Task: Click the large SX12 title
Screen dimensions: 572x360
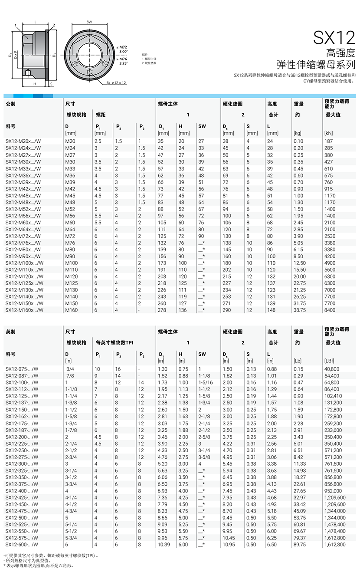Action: click(x=334, y=38)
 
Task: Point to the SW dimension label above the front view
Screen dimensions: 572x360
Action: click(x=89, y=22)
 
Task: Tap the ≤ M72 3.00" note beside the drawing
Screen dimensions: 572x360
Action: click(x=123, y=49)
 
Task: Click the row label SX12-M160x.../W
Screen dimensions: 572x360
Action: click(x=24, y=310)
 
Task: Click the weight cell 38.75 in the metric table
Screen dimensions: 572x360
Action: click(x=299, y=310)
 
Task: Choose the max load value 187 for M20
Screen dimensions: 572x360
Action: click(x=328, y=141)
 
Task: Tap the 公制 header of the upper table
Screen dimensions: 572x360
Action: click(x=10, y=104)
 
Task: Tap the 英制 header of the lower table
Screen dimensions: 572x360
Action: click(x=10, y=332)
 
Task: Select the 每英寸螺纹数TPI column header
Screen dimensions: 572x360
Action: click(x=115, y=343)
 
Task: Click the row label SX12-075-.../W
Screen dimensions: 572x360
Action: click(x=22, y=369)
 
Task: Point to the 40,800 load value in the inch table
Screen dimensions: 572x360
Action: click(x=332, y=369)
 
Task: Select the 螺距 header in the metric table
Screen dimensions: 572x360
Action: click(x=101, y=115)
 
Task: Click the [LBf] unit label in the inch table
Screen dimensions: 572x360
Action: click(x=330, y=361)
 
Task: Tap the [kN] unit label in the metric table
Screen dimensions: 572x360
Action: click(x=328, y=133)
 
